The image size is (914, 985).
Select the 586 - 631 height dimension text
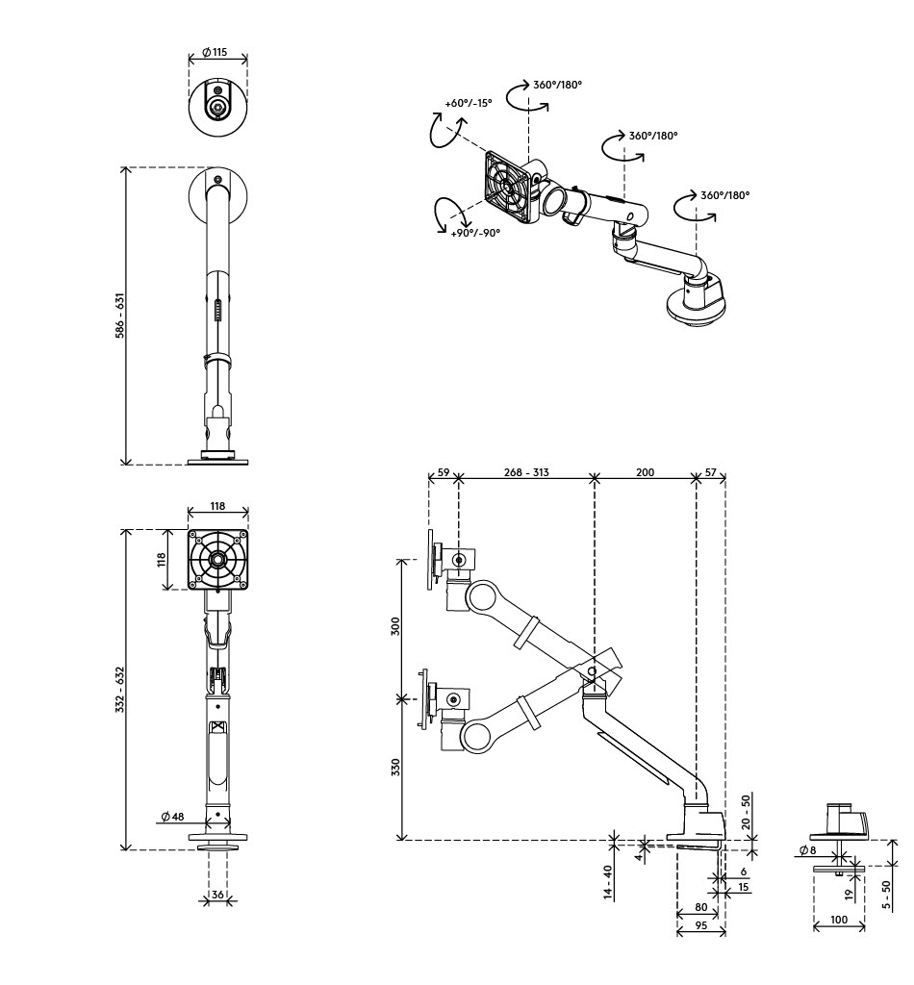pyautogui.click(x=120, y=316)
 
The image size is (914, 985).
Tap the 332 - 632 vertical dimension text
pyautogui.click(x=120, y=690)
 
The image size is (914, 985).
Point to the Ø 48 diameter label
pyautogui.click(x=173, y=817)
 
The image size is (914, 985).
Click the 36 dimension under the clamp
pyautogui.click(x=217, y=895)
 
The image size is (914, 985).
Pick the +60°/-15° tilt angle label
pyautogui.click(x=468, y=103)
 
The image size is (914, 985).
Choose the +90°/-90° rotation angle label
pyautogui.click(x=475, y=233)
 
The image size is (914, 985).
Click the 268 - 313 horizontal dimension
pyautogui.click(x=526, y=472)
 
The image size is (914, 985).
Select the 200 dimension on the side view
pyautogui.click(x=646, y=472)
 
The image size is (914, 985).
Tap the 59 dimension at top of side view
pyautogui.click(x=444, y=472)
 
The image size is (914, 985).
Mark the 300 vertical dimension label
pyautogui.click(x=395, y=626)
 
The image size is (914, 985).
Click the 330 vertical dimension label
pyautogui.click(x=395, y=768)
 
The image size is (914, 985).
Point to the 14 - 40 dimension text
pyautogui.click(x=608, y=883)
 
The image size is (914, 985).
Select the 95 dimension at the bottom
pyautogui.click(x=701, y=925)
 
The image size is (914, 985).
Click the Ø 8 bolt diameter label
pyautogui.click(x=808, y=850)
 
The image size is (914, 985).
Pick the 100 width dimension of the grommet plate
pyautogui.click(x=839, y=920)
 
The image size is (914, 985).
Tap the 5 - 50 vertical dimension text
pyautogui.click(x=886, y=896)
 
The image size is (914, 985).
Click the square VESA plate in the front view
pyautogui.click(x=218, y=559)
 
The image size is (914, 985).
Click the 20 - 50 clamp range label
pyautogui.click(x=747, y=813)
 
